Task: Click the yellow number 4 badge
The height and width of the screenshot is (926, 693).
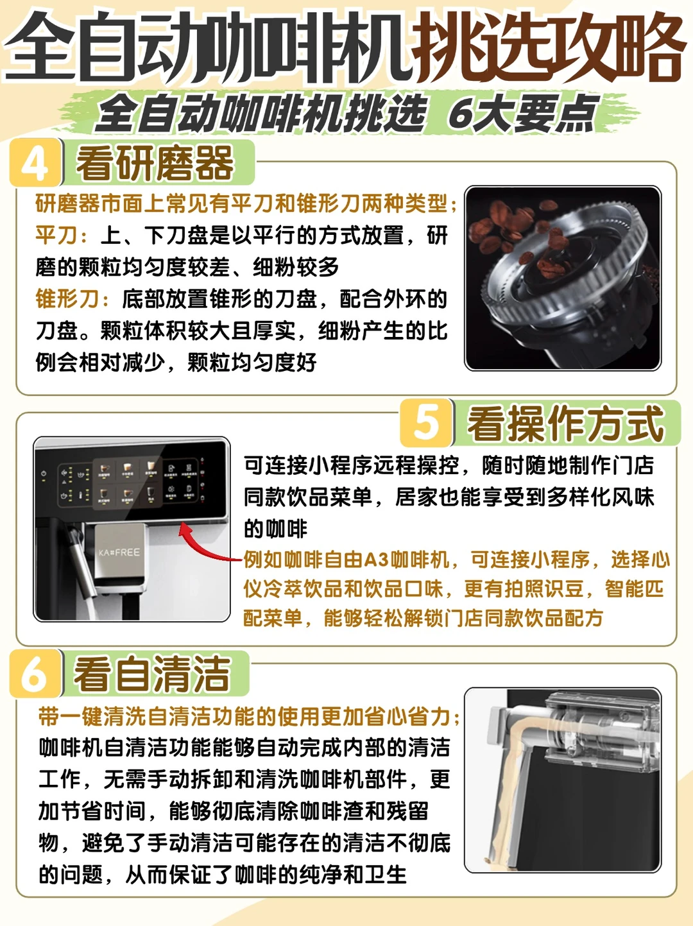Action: pyautogui.click(x=35, y=163)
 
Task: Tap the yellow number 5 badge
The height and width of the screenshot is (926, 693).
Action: pyautogui.click(x=426, y=423)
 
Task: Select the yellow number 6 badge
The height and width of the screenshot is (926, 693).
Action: pyautogui.click(x=35, y=674)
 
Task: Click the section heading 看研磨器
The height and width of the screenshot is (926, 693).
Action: pyautogui.click(x=155, y=163)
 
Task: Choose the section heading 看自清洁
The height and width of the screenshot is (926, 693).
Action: pyautogui.click(x=152, y=674)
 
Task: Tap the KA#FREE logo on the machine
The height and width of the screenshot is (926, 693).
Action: pyautogui.click(x=119, y=553)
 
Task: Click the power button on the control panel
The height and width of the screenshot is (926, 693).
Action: pyautogui.click(x=44, y=474)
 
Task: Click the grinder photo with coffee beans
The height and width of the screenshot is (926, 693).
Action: pyautogui.click(x=563, y=279)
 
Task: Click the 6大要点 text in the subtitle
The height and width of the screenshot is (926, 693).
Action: pyautogui.click(x=524, y=113)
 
